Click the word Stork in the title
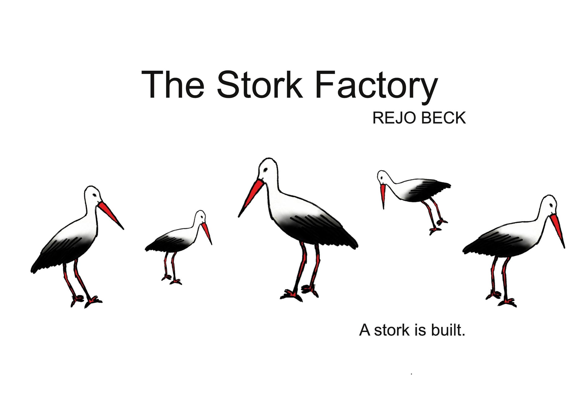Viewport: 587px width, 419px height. point(259,85)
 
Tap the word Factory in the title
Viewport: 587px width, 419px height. point(376,87)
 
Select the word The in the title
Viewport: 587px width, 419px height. point(172,85)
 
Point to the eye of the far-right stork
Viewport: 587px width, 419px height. point(551,205)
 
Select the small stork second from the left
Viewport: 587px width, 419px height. point(179,247)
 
